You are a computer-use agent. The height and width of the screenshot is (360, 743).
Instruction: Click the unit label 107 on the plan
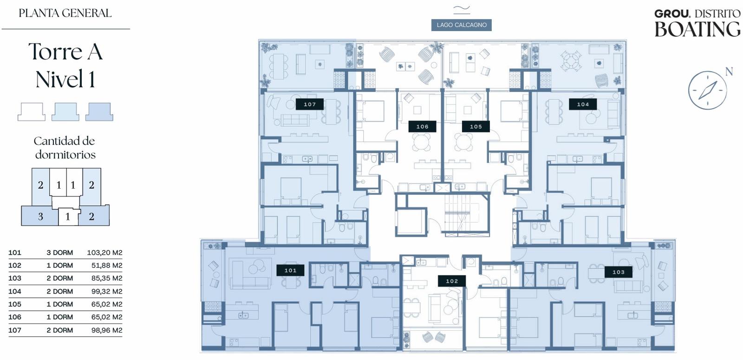click(309, 104)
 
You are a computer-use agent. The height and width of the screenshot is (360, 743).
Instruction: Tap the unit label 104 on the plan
click(583, 104)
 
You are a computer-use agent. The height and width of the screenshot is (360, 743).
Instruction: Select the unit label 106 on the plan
click(422, 126)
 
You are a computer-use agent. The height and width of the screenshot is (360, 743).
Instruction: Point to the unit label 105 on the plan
click(476, 126)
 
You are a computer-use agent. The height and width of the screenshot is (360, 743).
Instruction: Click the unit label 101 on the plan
click(290, 270)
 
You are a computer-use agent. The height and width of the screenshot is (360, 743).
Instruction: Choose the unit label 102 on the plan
click(452, 281)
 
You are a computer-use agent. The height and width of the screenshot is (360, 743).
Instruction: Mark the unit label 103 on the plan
click(618, 272)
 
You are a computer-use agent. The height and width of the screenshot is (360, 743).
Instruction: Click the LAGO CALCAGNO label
click(462, 25)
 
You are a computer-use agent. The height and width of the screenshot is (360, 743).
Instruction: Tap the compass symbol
click(707, 90)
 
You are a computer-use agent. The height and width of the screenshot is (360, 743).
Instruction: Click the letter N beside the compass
click(729, 72)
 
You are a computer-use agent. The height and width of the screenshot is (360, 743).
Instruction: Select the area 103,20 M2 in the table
click(104, 253)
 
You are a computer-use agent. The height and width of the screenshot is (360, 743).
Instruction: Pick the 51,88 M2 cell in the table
click(107, 265)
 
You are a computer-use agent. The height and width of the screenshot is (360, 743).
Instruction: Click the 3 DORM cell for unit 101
click(60, 253)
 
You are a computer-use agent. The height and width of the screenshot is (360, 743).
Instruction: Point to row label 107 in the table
click(14, 330)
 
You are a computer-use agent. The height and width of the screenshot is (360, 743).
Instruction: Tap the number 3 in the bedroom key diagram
click(40, 216)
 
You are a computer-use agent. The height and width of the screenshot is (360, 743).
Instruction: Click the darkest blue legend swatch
click(99, 111)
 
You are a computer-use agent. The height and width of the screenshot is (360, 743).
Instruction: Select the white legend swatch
click(32, 111)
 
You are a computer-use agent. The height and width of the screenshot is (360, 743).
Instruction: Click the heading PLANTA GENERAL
click(65, 13)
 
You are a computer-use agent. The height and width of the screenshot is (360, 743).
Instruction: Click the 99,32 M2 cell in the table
click(107, 291)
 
